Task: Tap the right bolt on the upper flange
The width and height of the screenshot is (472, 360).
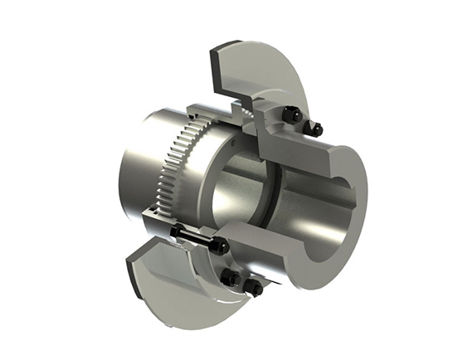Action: click(316, 128)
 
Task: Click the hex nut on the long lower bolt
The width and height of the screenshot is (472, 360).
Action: click(220, 246)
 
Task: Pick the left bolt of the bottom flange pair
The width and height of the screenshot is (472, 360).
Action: click(232, 279)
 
